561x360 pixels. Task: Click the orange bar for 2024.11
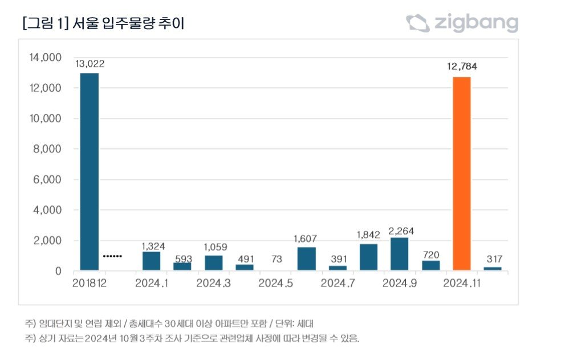click(461, 173)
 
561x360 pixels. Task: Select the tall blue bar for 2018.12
click(89, 171)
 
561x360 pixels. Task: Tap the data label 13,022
click(89, 63)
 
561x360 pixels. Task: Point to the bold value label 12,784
click(462, 66)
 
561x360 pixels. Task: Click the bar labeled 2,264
click(400, 254)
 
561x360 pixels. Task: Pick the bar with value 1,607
click(306, 258)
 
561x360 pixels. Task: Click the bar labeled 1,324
click(151, 261)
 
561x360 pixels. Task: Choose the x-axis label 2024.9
click(399, 283)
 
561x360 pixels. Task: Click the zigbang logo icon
click(417, 23)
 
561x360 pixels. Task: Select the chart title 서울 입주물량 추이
click(129, 23)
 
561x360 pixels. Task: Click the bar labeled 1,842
click(368, 257)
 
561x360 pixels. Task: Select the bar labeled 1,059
click(213, 263)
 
